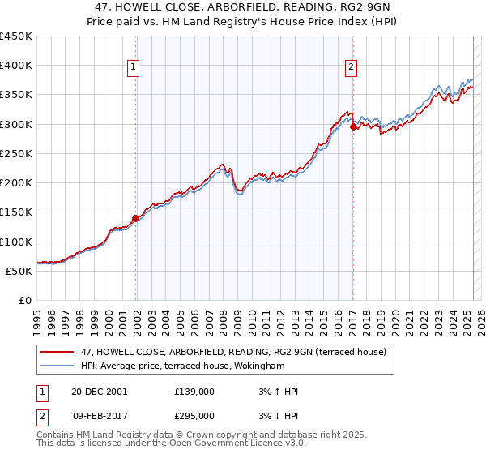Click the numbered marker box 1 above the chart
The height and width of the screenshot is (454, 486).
point(133,68)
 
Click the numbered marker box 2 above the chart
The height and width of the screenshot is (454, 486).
point(351,68)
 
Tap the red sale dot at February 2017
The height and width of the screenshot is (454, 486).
point(353,126)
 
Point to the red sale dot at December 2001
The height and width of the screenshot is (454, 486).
point(136,218)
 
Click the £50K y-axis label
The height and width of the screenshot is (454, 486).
point(19,271)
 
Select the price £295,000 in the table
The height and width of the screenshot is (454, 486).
point(194,416)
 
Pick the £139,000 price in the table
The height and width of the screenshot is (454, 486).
point(194,392)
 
